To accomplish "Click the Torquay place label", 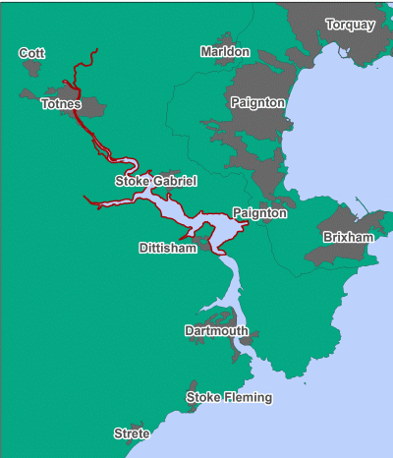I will pyautogui.click(x=350, y=25).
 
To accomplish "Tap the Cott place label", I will pyautogui.click(x=32, y=53).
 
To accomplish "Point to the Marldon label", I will pyautogui.click(x=225, y=51).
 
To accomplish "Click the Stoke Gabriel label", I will pyautogui.click(x=156, y=181).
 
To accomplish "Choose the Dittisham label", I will pyautogui.click(x=168, y=249).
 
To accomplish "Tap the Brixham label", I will pyautogui.click(x=348, y=238).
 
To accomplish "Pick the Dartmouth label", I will pyautogui.click(x=216, y=331).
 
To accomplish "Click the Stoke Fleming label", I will pyautogui.click(x=229, y=398).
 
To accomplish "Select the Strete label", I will pyautogui.click(x=132, y=433).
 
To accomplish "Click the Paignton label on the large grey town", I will pyautogui.click(x=257, y=102).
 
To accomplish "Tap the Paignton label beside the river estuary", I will pyautogui.click(x=259, y=213).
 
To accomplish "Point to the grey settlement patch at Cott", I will pyautogui.click(x=30, y=69).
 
